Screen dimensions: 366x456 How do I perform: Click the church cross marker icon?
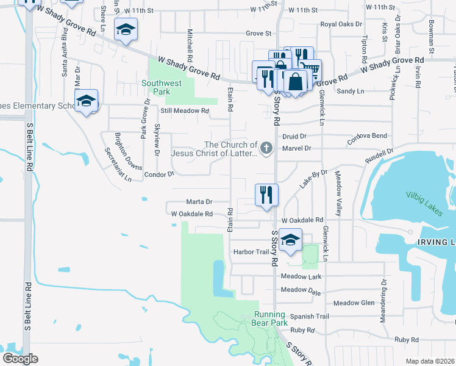click(x=266, y=148)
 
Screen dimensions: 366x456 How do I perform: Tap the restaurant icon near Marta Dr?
click(x=266, y=195)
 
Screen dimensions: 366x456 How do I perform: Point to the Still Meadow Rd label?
click(x=185, y=111)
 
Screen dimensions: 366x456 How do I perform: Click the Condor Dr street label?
click(x=159, y=174)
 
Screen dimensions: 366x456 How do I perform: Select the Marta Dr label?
click(x=200, y=202)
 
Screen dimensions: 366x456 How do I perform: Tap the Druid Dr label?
click(x=294, y=136)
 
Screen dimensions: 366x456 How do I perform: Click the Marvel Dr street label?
click(x=296, y=148)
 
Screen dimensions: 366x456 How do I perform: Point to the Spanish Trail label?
click(x=309, y=316)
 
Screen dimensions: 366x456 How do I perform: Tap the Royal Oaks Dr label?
click(x=341, y=25)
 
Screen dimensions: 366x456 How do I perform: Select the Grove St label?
click(x=258, y=34)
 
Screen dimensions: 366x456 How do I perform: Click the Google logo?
click(x=21, y=359)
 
